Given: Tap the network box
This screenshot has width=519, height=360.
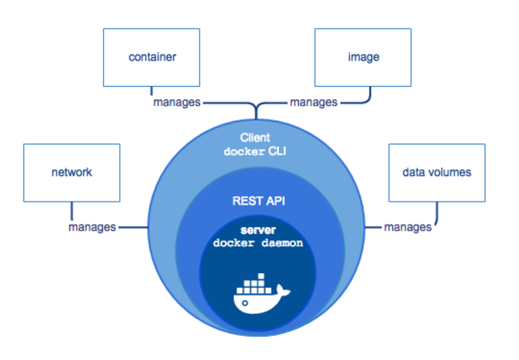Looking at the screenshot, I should [72, 172].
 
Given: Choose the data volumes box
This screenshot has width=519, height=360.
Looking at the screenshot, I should [436, 172].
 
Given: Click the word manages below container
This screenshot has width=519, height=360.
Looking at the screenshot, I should [176, 101].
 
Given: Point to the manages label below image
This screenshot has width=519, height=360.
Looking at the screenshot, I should [313, 101].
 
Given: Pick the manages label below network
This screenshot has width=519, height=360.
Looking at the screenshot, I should [92, 227].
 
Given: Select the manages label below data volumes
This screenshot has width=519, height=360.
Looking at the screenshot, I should [408, 227].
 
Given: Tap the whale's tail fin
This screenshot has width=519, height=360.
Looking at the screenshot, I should [285, 291].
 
